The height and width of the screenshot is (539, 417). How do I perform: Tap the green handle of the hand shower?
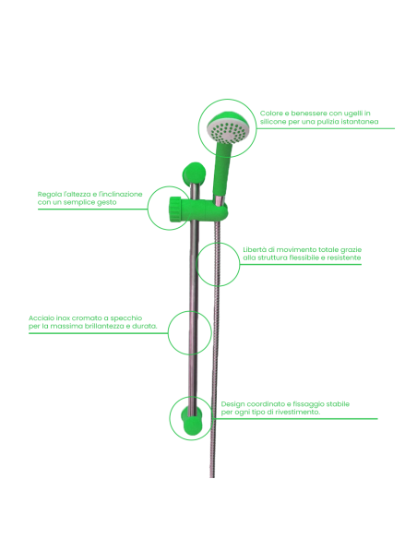(222, 169)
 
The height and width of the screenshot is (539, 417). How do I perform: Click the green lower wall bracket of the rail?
(193, 421)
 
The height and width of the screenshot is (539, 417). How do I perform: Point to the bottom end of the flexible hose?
(212, 476)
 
